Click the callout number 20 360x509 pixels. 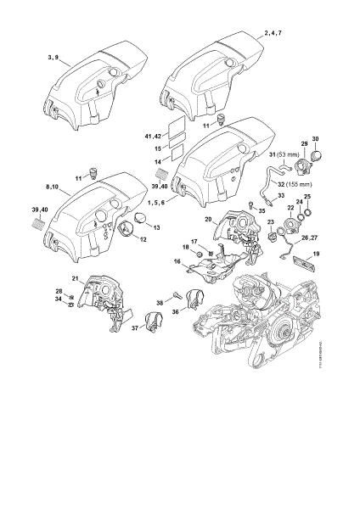[206, 218]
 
